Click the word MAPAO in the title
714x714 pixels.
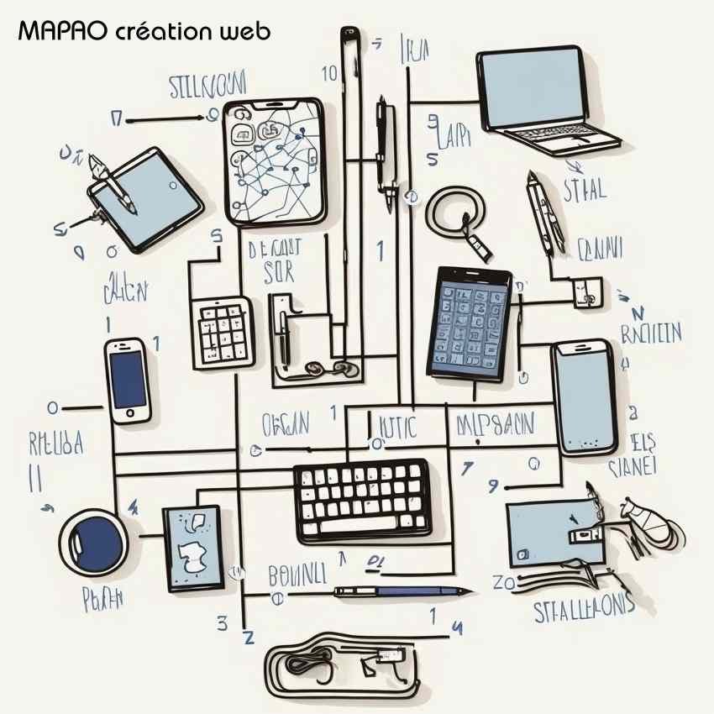(x=61, y=33)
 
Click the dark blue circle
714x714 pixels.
(x=92, y=537)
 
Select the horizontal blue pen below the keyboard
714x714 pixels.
(x=402, y=591)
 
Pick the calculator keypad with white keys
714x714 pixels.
(x=223, y=333)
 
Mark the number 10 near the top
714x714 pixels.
(x=328, y=72)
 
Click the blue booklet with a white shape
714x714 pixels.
(x=192, y=546)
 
